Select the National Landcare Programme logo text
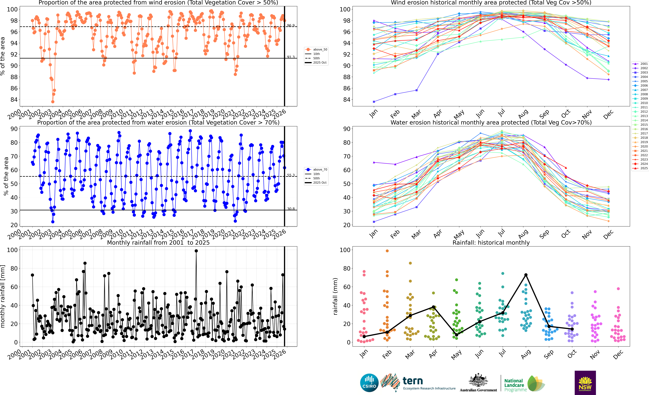tap(514, 385)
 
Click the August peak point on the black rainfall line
tap(526, 275)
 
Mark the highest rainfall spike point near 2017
tap(196, 251)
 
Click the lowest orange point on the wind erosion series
tap(53, 102)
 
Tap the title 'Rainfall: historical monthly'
tap(491, 243)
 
